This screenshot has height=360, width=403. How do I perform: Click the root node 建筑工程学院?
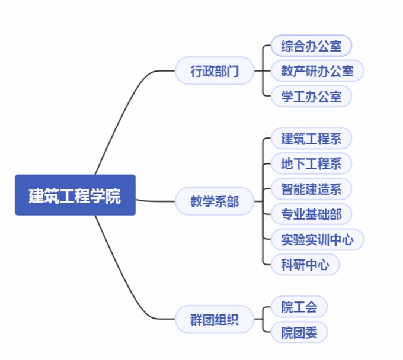(75, 195)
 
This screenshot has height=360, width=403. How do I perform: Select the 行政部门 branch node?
(215, 72)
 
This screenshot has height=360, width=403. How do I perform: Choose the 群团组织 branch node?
(215, 320)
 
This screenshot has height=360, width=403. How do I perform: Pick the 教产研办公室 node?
(317, 71)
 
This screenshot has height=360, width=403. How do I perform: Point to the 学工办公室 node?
(311, 96)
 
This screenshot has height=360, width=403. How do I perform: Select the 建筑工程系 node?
(311, 139)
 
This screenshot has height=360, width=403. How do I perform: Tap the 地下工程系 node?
(311, 164)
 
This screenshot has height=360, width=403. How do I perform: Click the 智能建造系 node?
(311, 189)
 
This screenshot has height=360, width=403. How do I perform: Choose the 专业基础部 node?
(311, 214)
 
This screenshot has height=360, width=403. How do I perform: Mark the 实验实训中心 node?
(317, 240)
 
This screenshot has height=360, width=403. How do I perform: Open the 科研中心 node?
(305, 265)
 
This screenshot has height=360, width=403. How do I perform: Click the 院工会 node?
(299, 307)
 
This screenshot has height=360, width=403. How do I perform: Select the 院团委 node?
(299, 332)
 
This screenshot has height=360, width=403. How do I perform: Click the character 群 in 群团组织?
(197, 320)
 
